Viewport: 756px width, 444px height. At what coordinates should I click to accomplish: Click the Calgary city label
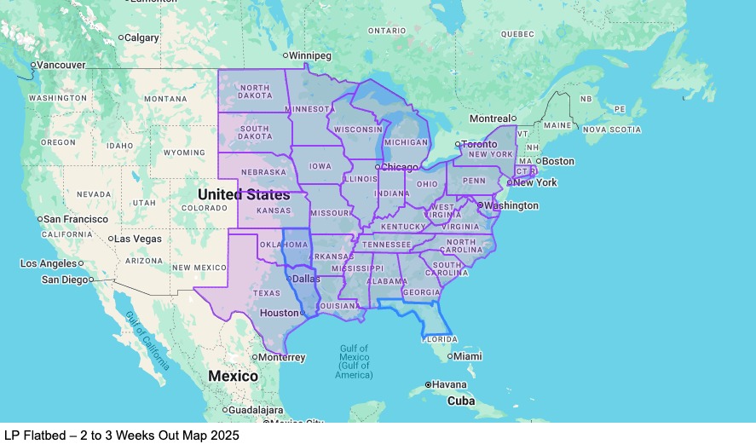pyautogui.click(x=142, y=37)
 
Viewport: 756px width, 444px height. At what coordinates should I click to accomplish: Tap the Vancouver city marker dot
pyautogui.click(x=32, y=65)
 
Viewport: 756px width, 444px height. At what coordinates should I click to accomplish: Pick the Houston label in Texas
pyautogui.click(x=279, y=313)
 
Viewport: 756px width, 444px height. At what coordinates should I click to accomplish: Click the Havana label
pyautogui.click(x=449, y=384)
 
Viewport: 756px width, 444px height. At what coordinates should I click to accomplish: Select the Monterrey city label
pyautogui.click(x=282, y=358)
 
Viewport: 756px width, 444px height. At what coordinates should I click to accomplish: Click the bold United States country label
pyautogui.click(x=244, y=194)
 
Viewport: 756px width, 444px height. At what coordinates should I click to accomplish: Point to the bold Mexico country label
pyautogui.click(x=233, y=376)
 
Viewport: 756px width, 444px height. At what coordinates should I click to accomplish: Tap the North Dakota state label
pyautogui.click(x=255, y=93)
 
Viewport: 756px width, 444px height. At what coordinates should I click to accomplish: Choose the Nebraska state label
pyautogui.click(x=263, y=172)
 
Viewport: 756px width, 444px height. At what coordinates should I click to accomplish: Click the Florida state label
pyautogui.click(x=440, y=338)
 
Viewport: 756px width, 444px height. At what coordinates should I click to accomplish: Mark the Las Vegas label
pyautogui.click(x=137, y=239)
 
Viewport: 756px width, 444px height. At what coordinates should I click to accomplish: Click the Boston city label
pyautogui.click(x=558, y=161)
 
